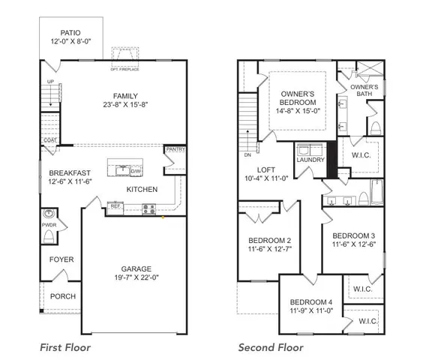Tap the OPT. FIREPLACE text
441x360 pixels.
pos(125,72)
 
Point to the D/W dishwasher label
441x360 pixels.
pos(136,171)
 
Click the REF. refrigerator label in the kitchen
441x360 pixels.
pos(115,205)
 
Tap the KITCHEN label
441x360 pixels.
pos(142,189)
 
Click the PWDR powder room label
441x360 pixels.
pos(49,223)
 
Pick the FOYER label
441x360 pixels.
pos(62,260)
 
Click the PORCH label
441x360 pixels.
pos(63,296)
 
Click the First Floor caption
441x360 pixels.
pos(64,347)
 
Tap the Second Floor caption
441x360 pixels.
pos(271,347)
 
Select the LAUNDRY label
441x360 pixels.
pos(310,160)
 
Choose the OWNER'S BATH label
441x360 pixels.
pos(364,91)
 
